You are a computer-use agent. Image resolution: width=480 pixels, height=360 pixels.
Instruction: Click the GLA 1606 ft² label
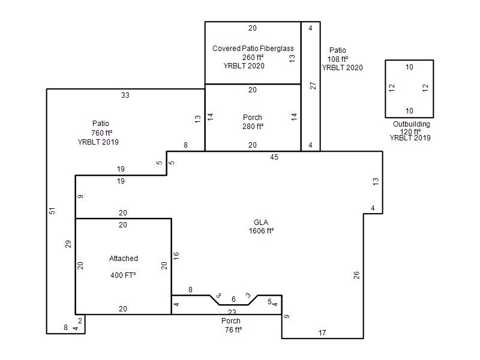pos(261,227)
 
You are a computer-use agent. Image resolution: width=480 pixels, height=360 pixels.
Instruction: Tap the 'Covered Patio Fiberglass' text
pos(253,49)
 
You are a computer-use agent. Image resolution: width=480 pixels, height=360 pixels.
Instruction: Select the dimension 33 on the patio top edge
pos(125,95)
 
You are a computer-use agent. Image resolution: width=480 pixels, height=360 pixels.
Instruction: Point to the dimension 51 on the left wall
pos(52,211)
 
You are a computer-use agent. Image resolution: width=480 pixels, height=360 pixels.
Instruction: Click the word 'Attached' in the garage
pos(124,259)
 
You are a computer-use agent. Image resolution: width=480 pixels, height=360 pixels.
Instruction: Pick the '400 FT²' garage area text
pos(123,275)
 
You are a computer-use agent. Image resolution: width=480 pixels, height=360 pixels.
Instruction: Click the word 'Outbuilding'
pos(412,124)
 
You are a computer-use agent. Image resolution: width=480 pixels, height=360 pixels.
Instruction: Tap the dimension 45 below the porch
pos(274,157)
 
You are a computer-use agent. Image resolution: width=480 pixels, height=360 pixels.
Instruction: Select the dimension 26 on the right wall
pos(356,275)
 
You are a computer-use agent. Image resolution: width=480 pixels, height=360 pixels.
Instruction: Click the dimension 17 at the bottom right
pos(322,333)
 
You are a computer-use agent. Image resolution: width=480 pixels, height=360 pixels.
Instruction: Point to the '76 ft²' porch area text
pos(233,329)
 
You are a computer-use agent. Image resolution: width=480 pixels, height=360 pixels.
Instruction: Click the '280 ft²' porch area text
pos(253,126)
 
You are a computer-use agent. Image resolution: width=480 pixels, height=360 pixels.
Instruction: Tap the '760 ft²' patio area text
pos(101,133)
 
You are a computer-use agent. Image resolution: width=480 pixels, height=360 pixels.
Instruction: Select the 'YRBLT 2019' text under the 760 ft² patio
pos(98,142)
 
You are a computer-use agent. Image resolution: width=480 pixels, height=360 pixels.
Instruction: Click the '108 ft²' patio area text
pos(338,59)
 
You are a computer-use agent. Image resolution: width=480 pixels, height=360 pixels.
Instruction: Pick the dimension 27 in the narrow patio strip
pos(313,85)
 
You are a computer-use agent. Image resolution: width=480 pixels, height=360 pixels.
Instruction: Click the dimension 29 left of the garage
pos(68,244)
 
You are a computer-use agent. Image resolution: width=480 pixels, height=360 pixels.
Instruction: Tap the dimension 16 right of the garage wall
pos(176,256)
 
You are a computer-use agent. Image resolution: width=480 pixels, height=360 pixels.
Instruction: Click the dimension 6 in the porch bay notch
pos(233,299)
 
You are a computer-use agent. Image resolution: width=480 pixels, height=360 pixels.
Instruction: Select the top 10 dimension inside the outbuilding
pos(409,67)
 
